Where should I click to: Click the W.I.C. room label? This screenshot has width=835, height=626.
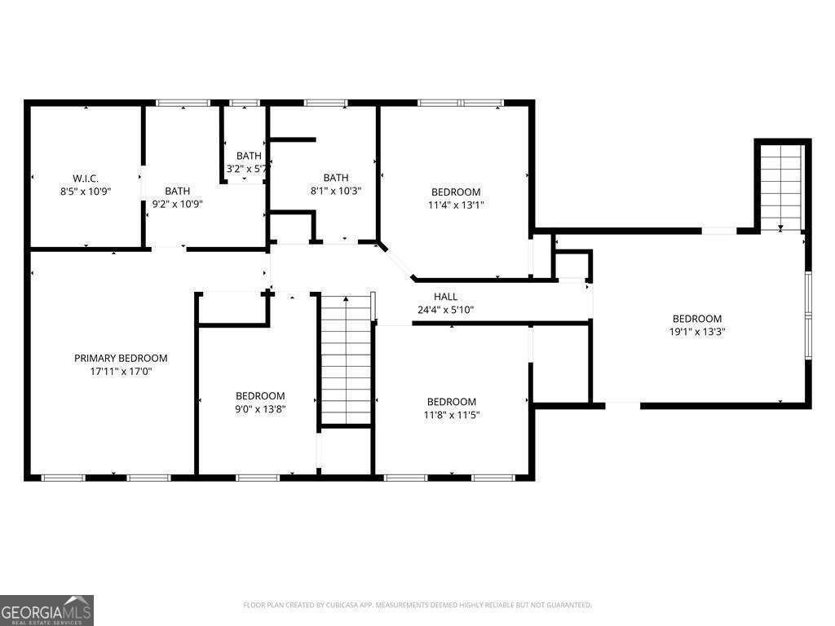coord(86,179)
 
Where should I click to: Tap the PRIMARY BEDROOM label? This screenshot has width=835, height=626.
coord(121,358)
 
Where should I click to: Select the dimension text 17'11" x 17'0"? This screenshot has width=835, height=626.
coord(121,371)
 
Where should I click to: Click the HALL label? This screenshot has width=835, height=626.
coord(445,297)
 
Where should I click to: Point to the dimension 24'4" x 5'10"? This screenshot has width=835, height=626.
coord(445,310)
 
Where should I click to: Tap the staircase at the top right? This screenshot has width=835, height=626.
coord(782,187)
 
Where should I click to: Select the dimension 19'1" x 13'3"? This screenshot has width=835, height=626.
coord(697,332)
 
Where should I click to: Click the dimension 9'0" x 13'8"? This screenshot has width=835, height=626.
coord(260,409)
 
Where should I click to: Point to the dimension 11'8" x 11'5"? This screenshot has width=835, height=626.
coord(452,415)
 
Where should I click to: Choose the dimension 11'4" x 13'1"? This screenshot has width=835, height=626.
coord(456,205)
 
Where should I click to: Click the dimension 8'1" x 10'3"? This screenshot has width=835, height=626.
coord(336,191)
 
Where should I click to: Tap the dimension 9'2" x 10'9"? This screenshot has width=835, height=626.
coord(177,205)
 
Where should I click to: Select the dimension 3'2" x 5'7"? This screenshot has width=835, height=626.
coord(248,170)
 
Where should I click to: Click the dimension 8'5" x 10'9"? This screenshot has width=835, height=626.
coord(86,192)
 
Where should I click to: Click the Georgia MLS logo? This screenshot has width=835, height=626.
coord(47,611)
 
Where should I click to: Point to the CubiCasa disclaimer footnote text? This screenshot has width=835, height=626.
coord(417,605)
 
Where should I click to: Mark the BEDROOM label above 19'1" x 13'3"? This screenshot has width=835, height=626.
coord(697,319)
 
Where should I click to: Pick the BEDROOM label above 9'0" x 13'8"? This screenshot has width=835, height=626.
coord(260,396)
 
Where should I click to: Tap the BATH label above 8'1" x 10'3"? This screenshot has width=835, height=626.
coord(336,178)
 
